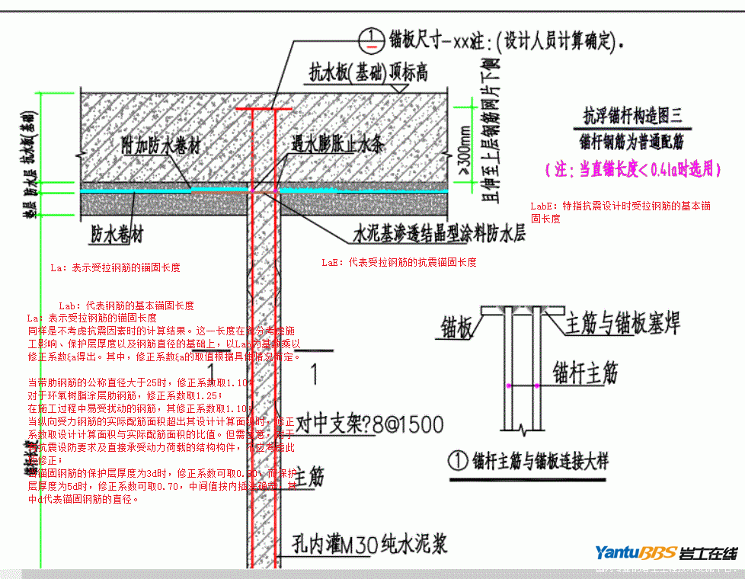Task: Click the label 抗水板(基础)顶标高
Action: click(367, 72)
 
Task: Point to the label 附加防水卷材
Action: click(163, 146)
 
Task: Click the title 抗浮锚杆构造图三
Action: click(633, 117)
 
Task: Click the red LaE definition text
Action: click(399, 262)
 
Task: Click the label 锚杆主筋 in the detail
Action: click(584, 373)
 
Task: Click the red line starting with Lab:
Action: click(126, 305)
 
